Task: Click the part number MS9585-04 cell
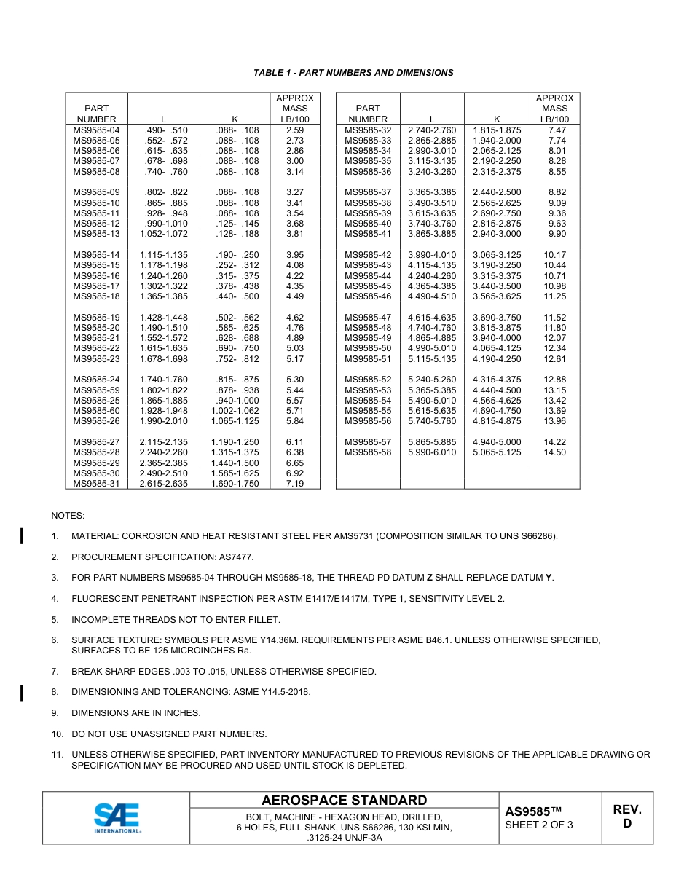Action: click(96, 130)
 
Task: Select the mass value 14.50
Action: click(554, 452)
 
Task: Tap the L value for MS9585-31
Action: click(163, 484)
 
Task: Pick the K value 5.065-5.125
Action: click(497, 452)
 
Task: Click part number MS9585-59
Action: click(96, 390)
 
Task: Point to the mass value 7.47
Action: click(557, 130)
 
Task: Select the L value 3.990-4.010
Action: click(432, 255)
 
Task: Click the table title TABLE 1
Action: click(353, 73)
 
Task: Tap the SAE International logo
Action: click(117, 817)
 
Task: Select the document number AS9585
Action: click(533, 811)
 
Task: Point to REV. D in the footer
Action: click(626, 817)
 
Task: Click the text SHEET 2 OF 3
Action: click(539, 825)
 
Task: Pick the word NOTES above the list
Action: click(68, 516)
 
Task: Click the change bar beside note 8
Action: click(22, 692)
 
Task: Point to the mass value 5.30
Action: click(295, 380)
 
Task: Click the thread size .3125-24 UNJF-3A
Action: click(345, 838)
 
